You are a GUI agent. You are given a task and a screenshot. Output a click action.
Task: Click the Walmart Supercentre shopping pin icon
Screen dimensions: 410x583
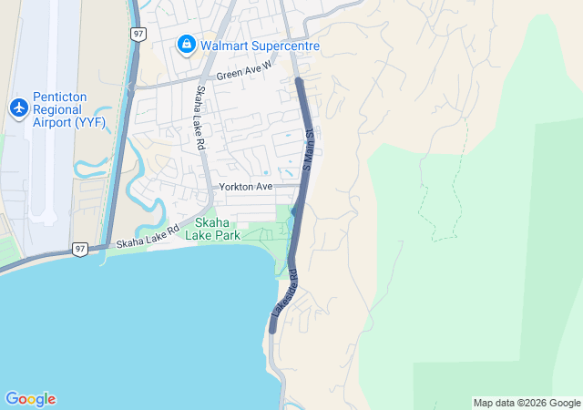coord(187,44)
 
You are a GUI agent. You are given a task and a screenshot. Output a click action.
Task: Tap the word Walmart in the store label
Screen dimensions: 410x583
coord(226,44)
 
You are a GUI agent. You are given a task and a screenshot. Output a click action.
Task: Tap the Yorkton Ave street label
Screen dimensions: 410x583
coord(245,187)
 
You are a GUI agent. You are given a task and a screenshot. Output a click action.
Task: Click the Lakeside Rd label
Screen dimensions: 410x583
coord(284,292)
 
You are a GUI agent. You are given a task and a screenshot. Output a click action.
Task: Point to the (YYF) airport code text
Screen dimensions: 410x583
coord(90,122)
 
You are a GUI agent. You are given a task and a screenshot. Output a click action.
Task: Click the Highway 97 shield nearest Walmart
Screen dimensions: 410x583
coord(138,34)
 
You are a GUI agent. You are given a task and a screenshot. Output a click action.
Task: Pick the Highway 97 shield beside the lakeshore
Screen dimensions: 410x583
coord(81,249)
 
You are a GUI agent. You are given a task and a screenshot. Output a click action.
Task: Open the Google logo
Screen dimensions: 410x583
coord(30,399)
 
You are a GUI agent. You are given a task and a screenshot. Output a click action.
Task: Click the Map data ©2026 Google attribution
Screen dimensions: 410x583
coord(527,403)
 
